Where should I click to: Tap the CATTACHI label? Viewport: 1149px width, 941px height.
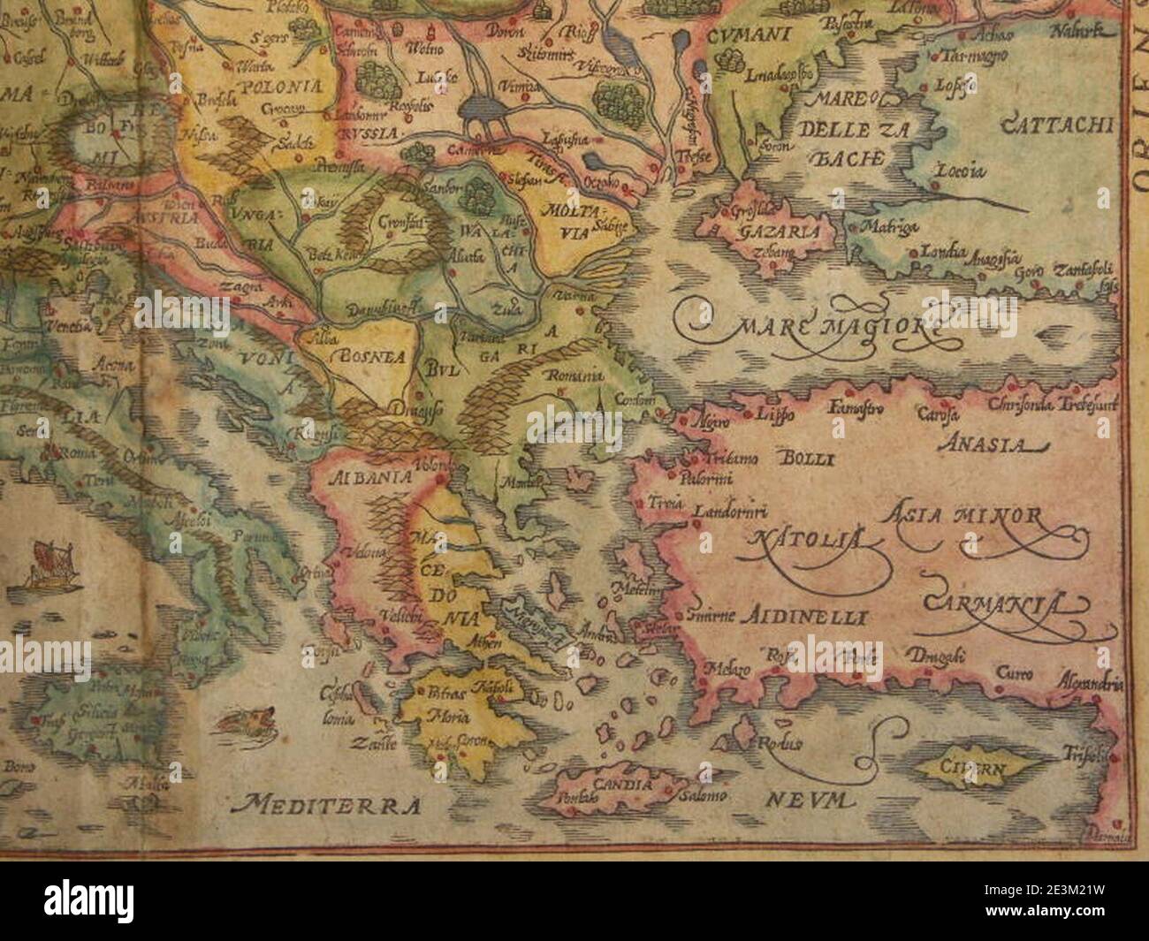point(1055,125)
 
